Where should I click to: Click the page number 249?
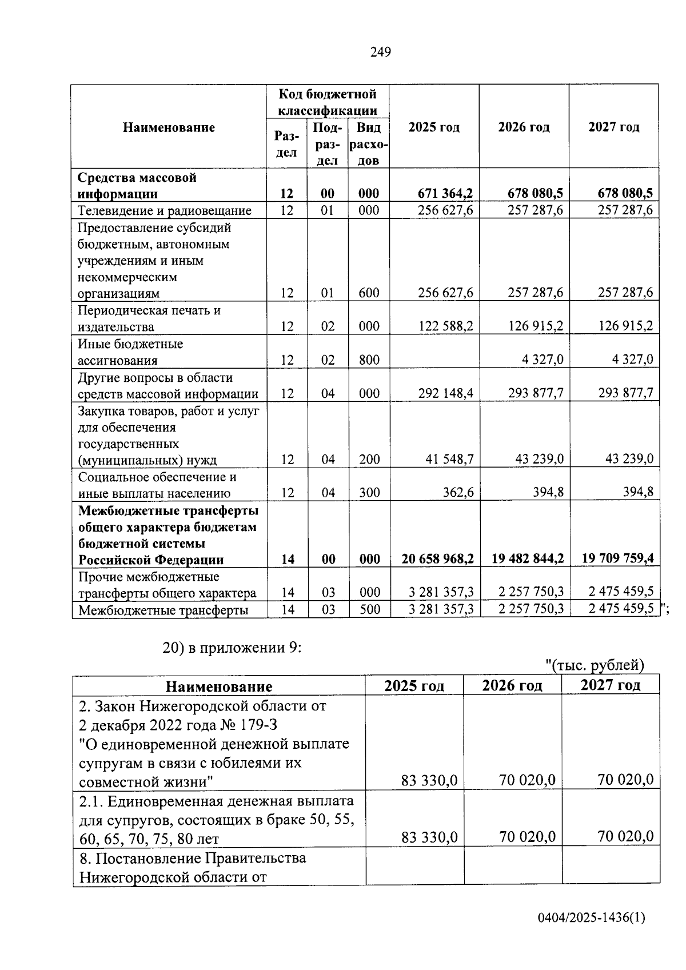(x=380, y=53)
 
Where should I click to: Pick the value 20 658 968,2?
(x=437, y=559)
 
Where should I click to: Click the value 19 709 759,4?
(x=618, y=558)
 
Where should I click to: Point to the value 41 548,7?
(x=449, y=460)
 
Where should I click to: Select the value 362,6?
(x=458, y=493)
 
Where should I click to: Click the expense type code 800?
(x=369, y=360)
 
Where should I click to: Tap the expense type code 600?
(x=369, y=293)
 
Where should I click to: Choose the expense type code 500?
(x=370, y=609)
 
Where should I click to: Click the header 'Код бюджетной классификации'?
(x=328, y=102)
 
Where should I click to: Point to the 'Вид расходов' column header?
(x=369, y=143)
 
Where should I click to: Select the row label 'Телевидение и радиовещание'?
(x=165, y=211)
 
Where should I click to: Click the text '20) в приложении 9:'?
(x=232, y=648)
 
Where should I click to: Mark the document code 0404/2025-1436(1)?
(x=591, y=918)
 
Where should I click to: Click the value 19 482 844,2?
(x=528, y=558)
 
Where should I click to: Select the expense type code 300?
(x=369, y=493)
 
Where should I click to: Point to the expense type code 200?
(x=369, y=460)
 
